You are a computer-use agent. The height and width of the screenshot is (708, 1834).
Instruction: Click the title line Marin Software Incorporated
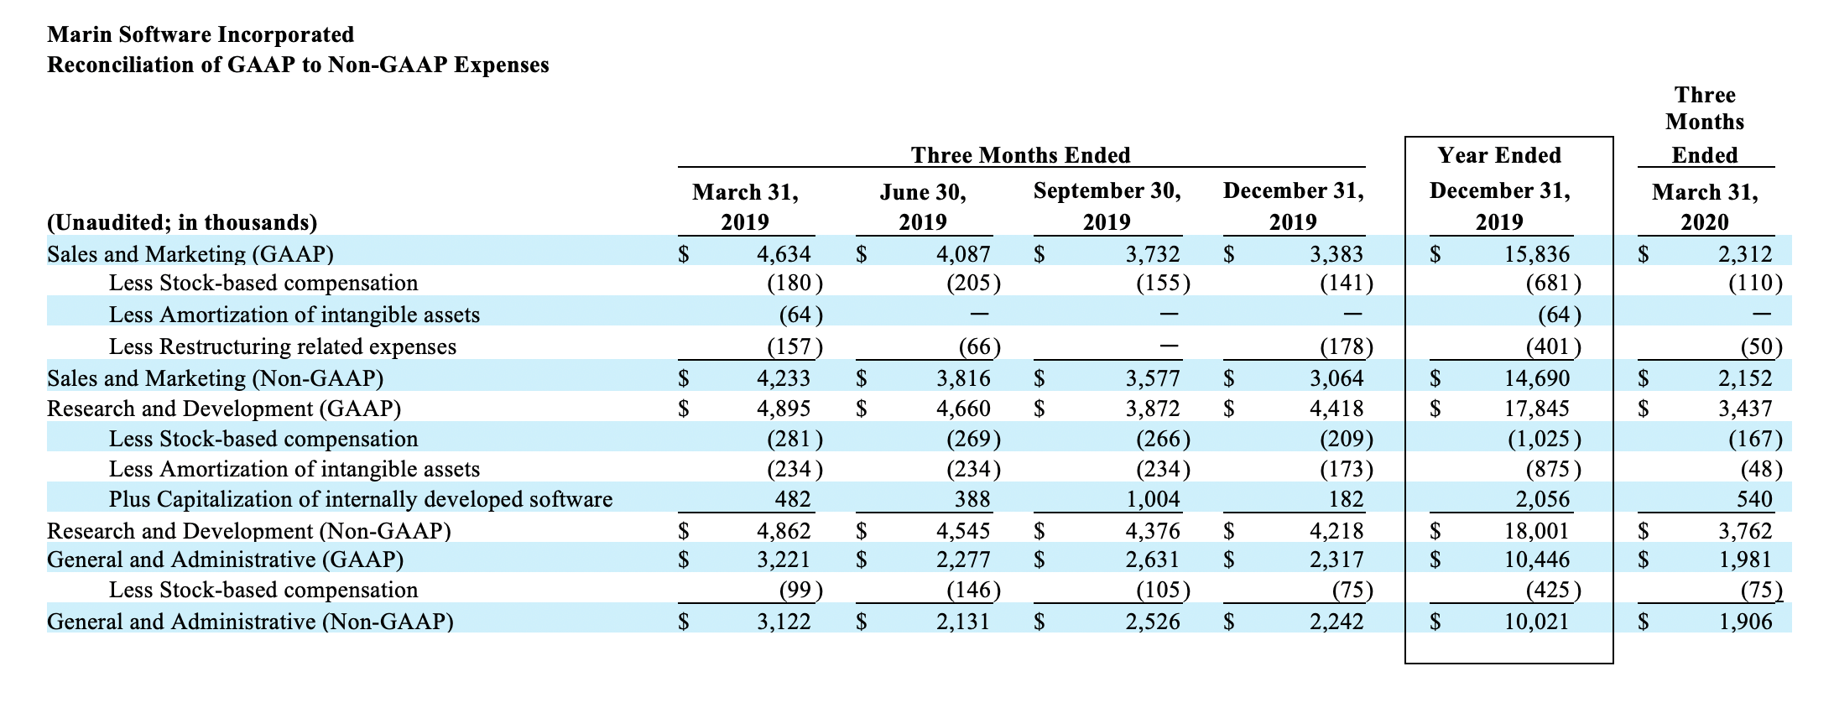201,34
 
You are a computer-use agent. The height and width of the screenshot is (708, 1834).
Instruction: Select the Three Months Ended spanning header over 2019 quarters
1021,155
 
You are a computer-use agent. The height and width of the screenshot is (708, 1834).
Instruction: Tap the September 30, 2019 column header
1107,206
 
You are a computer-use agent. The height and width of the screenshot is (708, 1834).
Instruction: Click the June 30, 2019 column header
923,207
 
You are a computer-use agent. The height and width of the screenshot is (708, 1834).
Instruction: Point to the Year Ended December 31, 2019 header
1499,189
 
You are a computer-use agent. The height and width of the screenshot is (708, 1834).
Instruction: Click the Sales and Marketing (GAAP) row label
190,254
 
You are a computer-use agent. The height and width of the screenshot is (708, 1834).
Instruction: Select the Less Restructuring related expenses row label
283,346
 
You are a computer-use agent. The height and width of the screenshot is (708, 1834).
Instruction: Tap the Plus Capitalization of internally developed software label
361,499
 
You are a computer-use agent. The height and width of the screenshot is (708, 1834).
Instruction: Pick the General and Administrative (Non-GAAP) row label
250,622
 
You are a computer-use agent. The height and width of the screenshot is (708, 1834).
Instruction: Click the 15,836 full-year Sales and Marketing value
1536,254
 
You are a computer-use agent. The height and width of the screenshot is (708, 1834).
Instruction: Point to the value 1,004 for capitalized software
1153,499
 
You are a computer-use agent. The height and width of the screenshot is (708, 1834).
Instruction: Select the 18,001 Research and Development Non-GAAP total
1536,531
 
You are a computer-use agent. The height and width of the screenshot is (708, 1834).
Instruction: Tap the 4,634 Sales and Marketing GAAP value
784,254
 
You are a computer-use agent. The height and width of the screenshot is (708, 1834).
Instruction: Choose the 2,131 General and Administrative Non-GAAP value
963,622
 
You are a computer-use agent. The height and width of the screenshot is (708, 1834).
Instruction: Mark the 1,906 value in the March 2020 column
1745,622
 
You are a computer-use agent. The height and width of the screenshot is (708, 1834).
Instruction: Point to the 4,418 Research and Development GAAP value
1336,409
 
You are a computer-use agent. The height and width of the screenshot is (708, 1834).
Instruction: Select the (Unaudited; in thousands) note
182,222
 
